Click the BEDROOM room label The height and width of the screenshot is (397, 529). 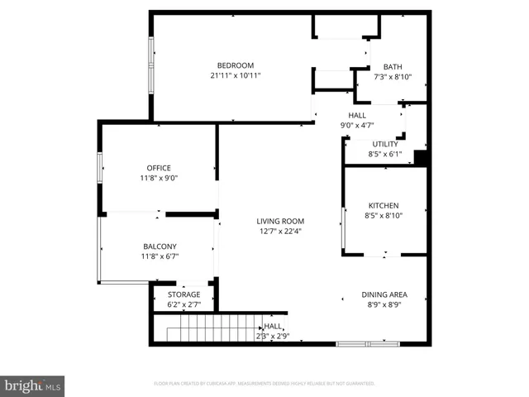click(236, 65)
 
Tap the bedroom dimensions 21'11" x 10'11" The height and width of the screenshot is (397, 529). click(236, 76)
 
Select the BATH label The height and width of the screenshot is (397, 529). click(393, 67)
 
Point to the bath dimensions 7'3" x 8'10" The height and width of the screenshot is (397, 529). click(393, 78)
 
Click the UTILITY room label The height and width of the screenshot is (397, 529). click(384, 144)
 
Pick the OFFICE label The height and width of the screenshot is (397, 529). click(159, 168)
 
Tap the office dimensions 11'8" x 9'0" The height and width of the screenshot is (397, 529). click(159, 178)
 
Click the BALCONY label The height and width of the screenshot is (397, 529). click(159, 246)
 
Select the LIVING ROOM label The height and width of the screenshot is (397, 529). click(280, 221)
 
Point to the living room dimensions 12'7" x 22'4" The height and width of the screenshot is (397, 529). click(280, 232)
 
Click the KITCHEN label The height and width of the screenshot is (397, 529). click(384, 205)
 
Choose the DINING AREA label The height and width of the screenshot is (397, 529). click(384, 294)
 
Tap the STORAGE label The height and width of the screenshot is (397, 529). click(183, 294)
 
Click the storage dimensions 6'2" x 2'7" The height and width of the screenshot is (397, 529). click(183, 304)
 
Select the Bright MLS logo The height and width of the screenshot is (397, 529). click(33, 385)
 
